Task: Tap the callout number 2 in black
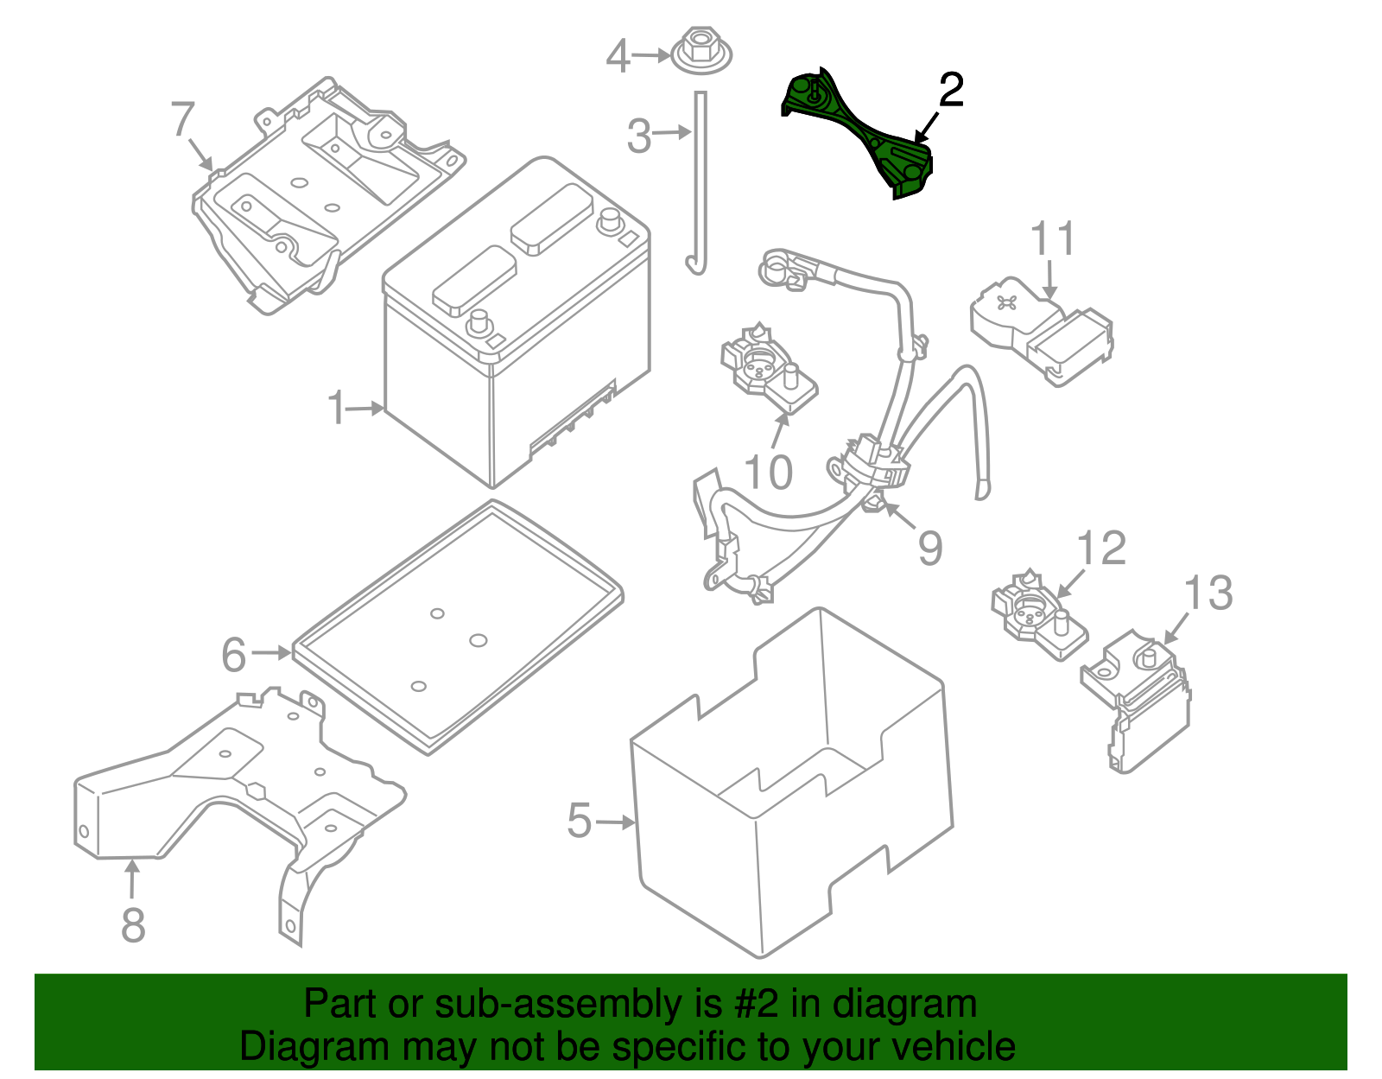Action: pyautogui.click(x=951, y=90)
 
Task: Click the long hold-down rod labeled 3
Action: pyautogui.click(x=699, y=183)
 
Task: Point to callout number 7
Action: pyautogui.click(x=182, y=119)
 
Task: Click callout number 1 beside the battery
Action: pyautogui.click(x=337, y=408)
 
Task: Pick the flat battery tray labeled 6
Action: pyautogui.click(x=458, y=627)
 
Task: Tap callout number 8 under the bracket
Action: pyautogui.click(x=133, y=924)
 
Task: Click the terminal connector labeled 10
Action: pyautogui.click(x=768, y=369)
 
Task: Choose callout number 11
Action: pyautogui.click(x=1052, y=238)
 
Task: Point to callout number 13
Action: pyautogui.click(x=1208, y=593)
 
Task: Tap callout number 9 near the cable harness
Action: pyautogui.click(x=929, y=548)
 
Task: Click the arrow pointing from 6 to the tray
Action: pyautogui.click(x=271, y=652)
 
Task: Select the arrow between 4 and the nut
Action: pyautogui.click(x=650, y=55)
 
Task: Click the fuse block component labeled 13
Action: pyautogui.click(x=1136, y=700)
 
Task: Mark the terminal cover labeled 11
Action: pyautogui.click(x=1042, y=331)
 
